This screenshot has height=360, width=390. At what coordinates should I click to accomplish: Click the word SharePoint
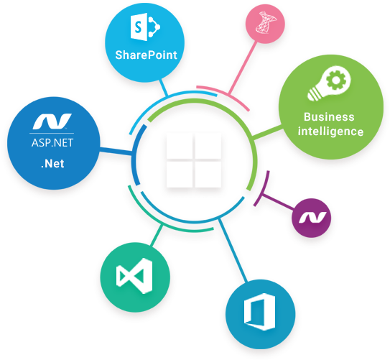(146, 55)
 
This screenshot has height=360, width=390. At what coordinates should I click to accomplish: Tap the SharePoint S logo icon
(145, 28)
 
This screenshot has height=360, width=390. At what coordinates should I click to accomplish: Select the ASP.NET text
(52, 143)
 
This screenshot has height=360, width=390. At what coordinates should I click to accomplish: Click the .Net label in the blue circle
(52, 164)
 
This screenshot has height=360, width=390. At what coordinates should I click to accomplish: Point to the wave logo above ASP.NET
(52, 121)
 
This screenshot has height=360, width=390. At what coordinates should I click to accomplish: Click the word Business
(329, 117)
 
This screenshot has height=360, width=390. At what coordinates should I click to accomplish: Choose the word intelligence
(330, 131)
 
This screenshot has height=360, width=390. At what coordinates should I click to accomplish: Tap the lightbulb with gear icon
(329, 83)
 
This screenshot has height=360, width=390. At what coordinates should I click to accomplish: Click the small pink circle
(265, 24)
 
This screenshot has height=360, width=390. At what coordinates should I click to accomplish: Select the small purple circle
(312, 218)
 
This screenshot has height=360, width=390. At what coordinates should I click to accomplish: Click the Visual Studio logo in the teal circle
(134, 276)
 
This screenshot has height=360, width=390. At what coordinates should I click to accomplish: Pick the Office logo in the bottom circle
(260, 311)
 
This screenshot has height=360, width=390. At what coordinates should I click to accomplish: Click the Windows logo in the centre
(194, 160)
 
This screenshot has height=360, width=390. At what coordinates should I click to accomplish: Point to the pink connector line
(243, 68)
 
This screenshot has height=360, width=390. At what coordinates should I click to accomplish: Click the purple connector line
(277, 201)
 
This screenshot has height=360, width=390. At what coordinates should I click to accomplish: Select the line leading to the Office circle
(233, 251)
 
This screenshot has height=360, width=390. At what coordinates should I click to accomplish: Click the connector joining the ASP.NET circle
(116, 151)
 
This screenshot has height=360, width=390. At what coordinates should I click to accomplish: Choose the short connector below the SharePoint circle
(164, 88)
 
